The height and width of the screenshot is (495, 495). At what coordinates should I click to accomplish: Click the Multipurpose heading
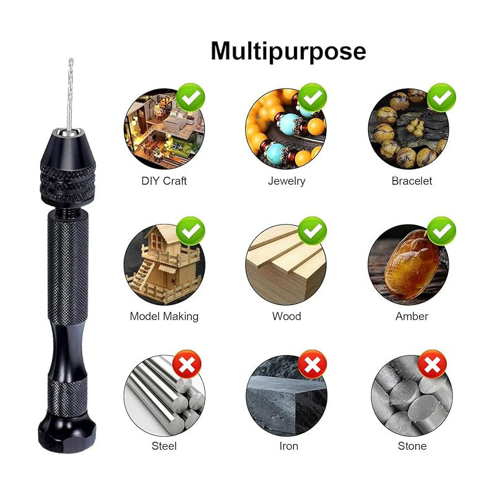[288, 51]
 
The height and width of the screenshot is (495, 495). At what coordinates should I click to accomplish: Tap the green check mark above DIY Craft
[191, 97]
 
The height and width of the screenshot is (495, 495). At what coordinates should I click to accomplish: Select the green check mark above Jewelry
[312, 97]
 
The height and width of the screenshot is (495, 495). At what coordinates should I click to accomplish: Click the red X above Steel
[187, 364]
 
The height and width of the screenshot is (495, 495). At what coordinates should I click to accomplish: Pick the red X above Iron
[312, 364]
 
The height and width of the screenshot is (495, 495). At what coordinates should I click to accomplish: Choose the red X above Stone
[432, 364]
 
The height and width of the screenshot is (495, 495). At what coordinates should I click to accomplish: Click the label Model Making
[164, 316]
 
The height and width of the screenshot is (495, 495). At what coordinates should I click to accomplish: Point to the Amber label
[411, 316]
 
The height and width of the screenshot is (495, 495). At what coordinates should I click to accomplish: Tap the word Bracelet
[411, 181]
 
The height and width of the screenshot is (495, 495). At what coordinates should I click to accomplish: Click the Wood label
[286, 316]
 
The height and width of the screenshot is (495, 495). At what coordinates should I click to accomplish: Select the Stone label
[412, 446]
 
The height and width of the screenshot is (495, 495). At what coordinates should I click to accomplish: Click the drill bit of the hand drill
[70, 95]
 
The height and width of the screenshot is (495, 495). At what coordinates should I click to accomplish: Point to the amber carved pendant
[411, 265]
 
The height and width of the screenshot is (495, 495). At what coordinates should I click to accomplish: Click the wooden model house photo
[164, 265]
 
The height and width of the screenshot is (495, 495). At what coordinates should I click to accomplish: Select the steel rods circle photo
[164, 395]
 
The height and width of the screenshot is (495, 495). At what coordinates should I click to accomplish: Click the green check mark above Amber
[441, 231]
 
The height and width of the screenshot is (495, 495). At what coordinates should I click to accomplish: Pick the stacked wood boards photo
[286, 265]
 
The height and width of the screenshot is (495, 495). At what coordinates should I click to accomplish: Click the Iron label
[288, 446]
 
